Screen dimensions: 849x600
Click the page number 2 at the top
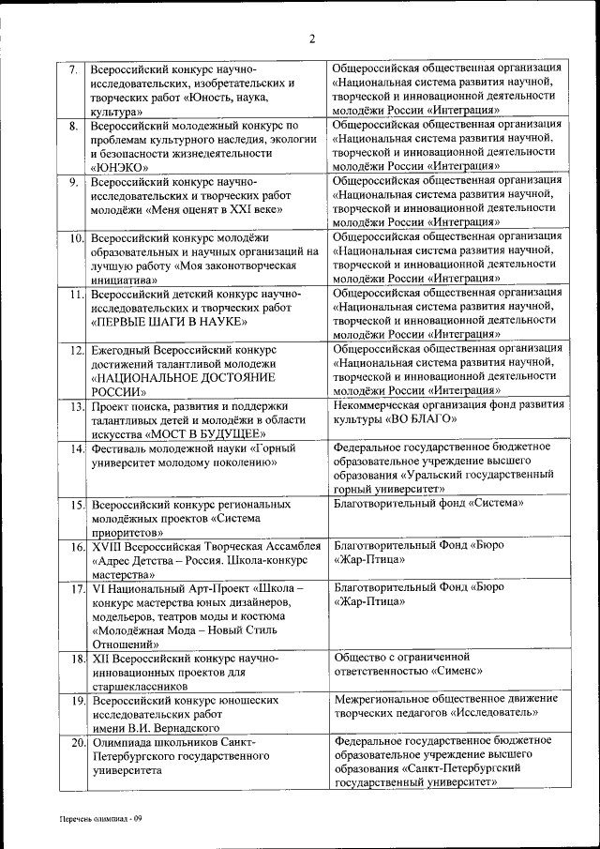click(x=312, y=38)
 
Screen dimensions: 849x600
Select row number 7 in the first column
click(x=73, y=69)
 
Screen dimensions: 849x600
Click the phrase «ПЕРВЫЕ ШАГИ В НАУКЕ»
click(x=169, y=322)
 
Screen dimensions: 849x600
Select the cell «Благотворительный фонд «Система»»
click(x=428, y=504)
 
